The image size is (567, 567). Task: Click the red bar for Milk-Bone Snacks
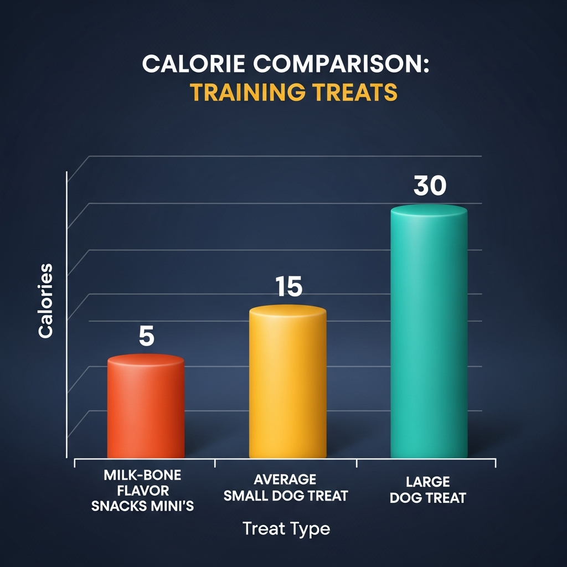[x=146, y=410]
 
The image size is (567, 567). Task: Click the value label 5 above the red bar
[x=146, y=336]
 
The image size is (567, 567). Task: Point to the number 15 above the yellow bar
[x=288, y=287]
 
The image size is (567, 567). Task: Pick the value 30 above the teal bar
[x=430, y=187]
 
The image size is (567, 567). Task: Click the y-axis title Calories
[x=46, y=300]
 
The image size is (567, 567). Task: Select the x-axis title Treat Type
[x=286, y=529]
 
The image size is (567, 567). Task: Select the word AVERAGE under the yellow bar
[x=286, y=479]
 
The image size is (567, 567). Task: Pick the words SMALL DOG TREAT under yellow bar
[x=286, y=495]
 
